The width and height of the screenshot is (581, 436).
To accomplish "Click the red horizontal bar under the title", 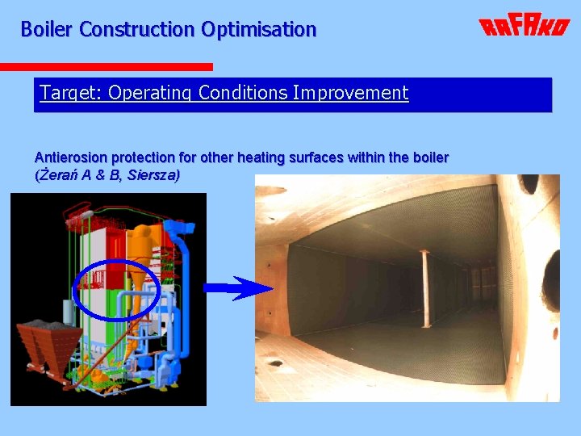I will point(106,67).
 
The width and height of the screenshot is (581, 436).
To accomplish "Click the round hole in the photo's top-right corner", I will point(529,183).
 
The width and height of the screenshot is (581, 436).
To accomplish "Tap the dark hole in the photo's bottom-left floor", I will point(276,363).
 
